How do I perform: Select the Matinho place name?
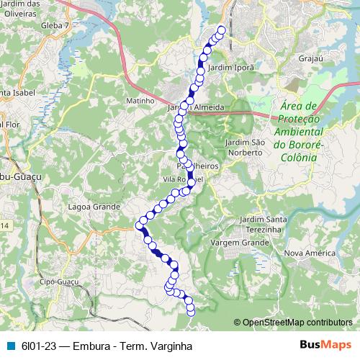point(140,101)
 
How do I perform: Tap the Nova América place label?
point(310,253)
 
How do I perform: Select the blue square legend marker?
point(11,346)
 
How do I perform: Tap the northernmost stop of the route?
point(221,30)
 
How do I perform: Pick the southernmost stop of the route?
point(191,312)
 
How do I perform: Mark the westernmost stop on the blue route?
point(139,226)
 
